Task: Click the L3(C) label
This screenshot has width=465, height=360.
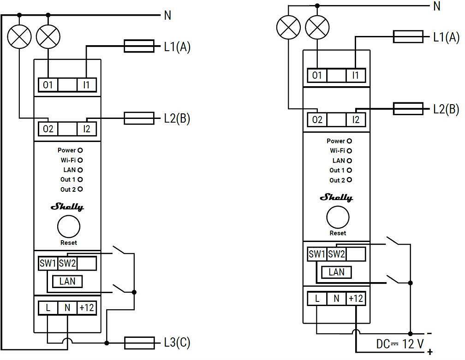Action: click(x=177, y=343)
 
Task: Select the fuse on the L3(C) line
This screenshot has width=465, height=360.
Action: click(x=139, y=342)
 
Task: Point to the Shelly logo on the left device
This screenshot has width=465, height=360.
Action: click(x=67, y=207)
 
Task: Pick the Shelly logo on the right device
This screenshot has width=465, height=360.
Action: click(x=336, y=198)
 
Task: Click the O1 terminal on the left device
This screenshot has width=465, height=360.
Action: click(x=48, y=85)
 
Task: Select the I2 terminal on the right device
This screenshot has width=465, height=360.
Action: click(x=356, y=120)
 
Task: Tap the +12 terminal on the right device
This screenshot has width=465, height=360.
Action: click(x=356, y=298)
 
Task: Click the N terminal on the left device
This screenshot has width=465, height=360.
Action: click(x=67, y=307)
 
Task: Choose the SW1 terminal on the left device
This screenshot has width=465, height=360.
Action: click(x=48, y=264)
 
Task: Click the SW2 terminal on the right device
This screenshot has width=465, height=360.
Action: click(x=336, y=254)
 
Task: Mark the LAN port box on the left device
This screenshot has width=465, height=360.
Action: click(x=67, y=281)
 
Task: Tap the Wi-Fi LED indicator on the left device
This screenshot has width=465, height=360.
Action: click(x=80, y=160)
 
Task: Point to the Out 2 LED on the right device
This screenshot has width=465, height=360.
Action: click(x=349, y=180)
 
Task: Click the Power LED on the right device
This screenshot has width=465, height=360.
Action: click(x=349, y=141)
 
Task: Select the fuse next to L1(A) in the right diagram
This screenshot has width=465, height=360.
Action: click(x=408, y=37)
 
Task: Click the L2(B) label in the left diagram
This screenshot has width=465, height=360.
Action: click(x=177, y=118)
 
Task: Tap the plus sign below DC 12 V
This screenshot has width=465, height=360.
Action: click(x=430, y=353)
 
